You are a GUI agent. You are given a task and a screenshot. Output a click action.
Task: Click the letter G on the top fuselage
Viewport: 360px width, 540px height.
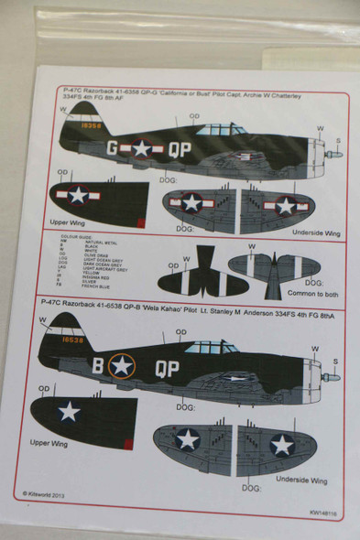click(x=112, y=146)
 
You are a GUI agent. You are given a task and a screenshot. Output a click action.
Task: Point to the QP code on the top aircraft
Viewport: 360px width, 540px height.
click(x=180, y=148)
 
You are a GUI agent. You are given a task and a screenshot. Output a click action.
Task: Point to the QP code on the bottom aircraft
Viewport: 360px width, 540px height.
click(x=167, y=366)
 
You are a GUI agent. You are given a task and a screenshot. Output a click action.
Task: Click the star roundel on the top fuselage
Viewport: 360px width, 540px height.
click(x=141, y=147)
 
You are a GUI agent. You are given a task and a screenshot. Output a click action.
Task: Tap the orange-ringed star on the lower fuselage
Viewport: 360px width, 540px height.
click(x=122, y=365)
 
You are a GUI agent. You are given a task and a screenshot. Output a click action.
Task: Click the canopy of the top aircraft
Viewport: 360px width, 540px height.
click(x=216, y=129)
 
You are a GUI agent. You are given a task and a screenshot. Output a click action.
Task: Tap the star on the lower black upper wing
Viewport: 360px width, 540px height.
click(x=70, y=410)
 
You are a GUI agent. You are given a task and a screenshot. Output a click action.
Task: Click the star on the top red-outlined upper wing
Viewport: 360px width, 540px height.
click(x=78, y=194)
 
